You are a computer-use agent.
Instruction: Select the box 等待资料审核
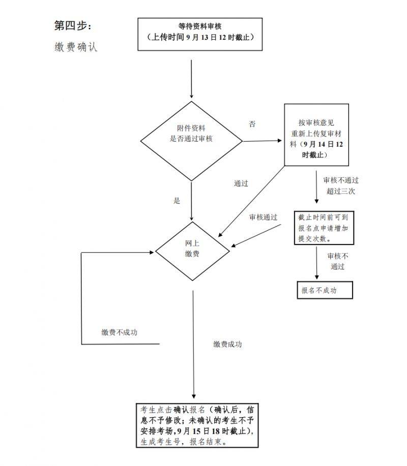click(x=200, y=34)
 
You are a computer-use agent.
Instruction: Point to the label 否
click(x=252, y=124)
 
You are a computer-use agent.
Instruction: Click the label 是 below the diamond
click(x=177, y=201)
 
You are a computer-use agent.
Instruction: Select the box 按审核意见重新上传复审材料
click(x=316, y=135)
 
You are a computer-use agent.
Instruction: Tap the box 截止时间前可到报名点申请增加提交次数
click(x=324, y=227)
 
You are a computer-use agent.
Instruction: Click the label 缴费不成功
click(x=120, y=333)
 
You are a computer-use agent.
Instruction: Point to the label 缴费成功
click(x=227, y=344)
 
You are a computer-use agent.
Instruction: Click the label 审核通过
click(x=263, y=216)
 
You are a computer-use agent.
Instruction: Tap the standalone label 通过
click(x=241, y=183)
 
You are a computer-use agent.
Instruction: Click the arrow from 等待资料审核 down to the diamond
click(x=192, y=79)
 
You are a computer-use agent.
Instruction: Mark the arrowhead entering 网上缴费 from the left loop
click(x=152, y=252)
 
